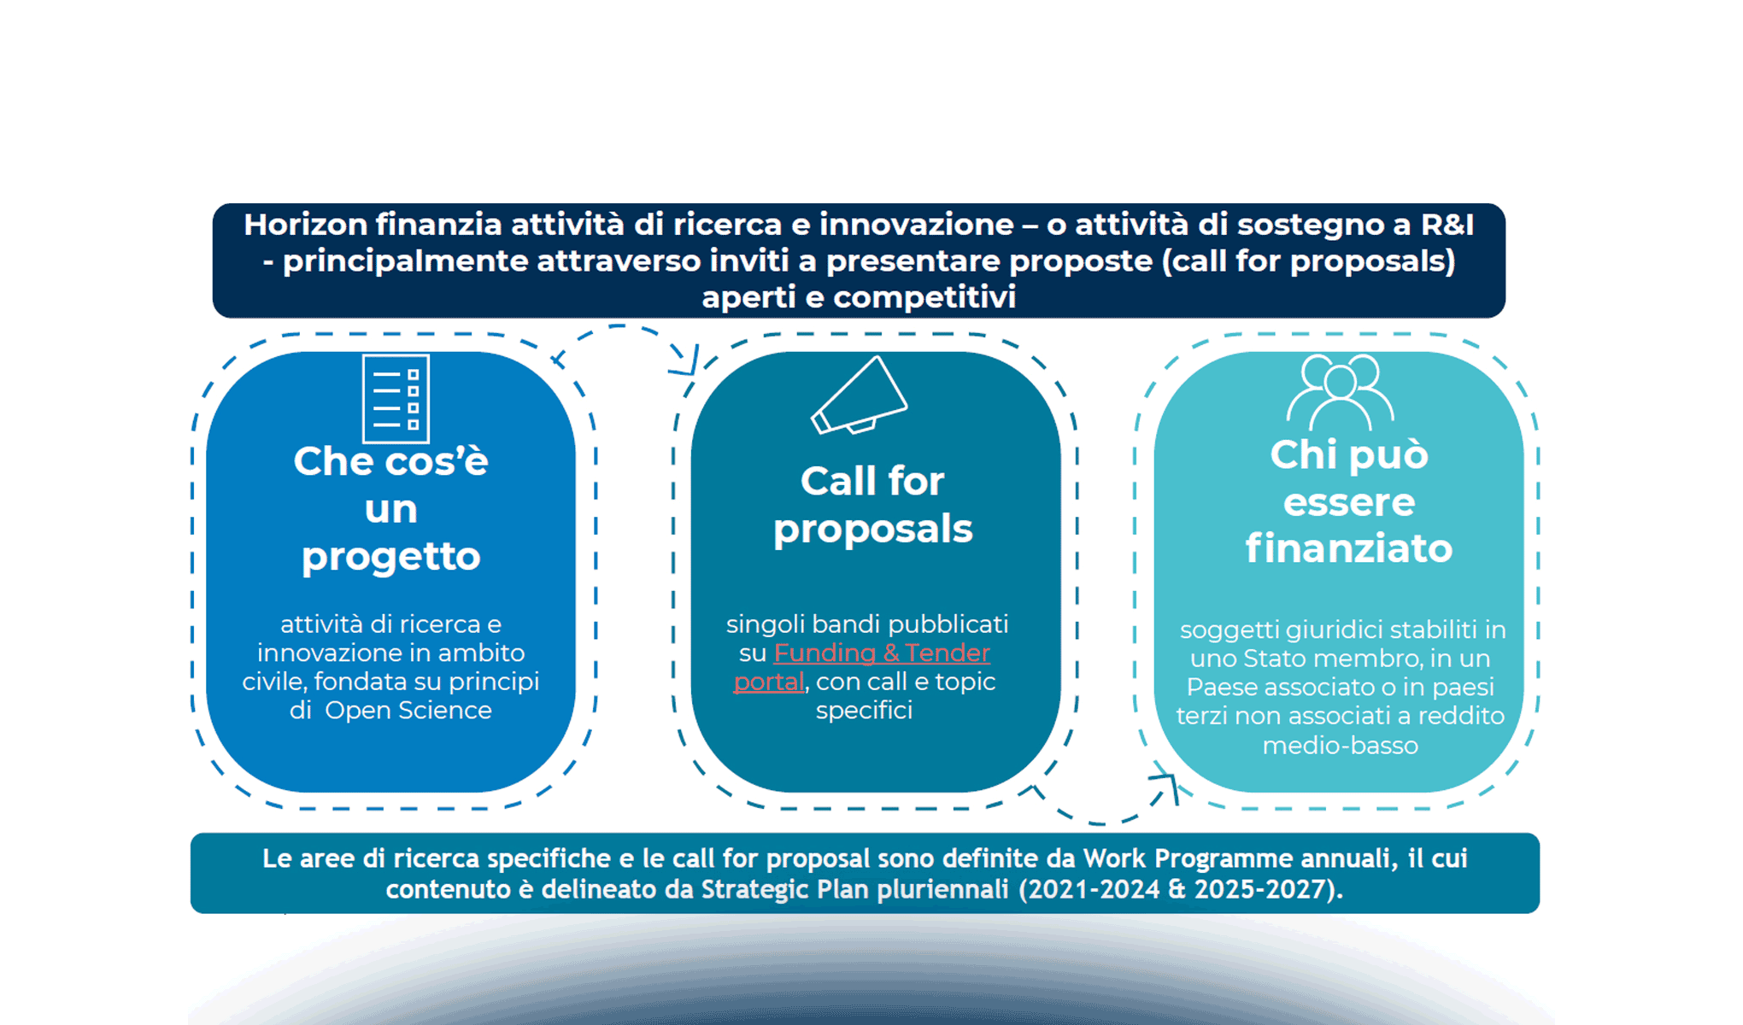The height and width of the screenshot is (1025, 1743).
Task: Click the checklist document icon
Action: (x=396, y=399)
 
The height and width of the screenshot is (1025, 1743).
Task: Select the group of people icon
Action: (x=1340, y=392)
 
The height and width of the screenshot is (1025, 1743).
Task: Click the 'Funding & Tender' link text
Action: (x=882, y=653)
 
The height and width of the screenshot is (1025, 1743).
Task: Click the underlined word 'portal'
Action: (x=769, y=682)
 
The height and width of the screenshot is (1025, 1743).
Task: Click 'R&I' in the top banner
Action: (x=1447, y=225)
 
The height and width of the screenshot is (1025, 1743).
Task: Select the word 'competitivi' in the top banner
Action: (x=924, y=297)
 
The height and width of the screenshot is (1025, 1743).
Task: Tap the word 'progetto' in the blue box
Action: (x=391, y=557)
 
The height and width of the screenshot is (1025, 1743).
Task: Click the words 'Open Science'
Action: (x=408, y=711)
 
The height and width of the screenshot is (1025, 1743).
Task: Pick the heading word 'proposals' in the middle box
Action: (x=872, y=530)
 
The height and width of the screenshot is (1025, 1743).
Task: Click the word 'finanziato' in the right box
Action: (x=1348, y=548)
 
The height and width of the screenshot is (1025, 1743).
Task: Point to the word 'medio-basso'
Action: (x=1340, y=746)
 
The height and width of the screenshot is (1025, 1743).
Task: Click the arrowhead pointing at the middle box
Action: (x=686, y=365)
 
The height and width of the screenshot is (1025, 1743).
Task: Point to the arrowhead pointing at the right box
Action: (x=1167, y=784)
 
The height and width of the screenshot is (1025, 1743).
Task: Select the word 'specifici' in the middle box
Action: (x=864, y=711)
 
